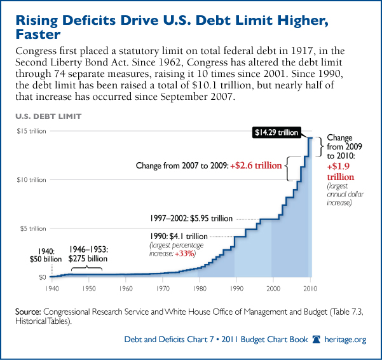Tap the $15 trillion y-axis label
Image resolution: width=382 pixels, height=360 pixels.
30,131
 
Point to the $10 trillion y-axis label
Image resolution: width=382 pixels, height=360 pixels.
30,179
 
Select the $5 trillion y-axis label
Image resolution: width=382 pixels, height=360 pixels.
31,228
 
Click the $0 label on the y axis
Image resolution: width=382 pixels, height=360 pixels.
43,277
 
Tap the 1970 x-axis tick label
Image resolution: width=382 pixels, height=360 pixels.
163,289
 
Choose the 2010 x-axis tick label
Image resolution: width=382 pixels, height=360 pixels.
311,289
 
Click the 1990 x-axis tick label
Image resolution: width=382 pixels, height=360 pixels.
237,289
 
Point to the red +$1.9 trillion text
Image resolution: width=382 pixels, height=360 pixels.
341,171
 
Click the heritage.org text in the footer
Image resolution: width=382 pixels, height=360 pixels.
346,340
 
